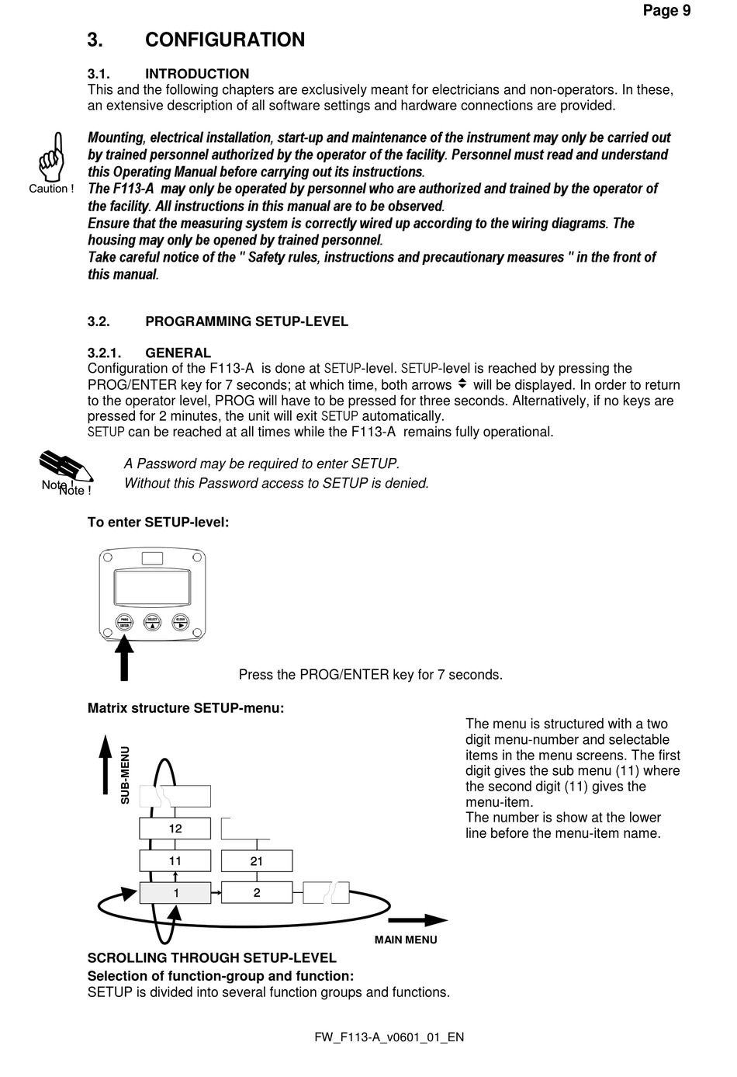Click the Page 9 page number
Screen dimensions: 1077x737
point(666,10)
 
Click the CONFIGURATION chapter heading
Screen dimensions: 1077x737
point(224,40)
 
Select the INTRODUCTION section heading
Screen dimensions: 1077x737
point(196,74)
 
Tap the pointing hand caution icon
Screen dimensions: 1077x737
point(51,156)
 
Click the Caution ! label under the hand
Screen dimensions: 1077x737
point(51,189)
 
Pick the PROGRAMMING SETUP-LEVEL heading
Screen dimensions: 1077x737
point(246,321)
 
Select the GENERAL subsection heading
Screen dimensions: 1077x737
point(178,353)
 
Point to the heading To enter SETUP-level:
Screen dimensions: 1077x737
point(158,522)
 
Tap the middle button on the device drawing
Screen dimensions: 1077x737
point(152,621)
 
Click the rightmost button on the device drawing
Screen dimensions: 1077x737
point(181,621)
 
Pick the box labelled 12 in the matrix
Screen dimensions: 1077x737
point(175,829)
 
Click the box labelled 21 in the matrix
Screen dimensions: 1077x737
point(257,861)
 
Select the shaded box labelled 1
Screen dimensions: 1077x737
point(175,893)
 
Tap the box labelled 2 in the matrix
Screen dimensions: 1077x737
point(257,893)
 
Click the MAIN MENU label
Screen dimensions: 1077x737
point(406,940)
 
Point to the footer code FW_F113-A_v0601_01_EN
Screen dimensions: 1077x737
point(389,1037)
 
